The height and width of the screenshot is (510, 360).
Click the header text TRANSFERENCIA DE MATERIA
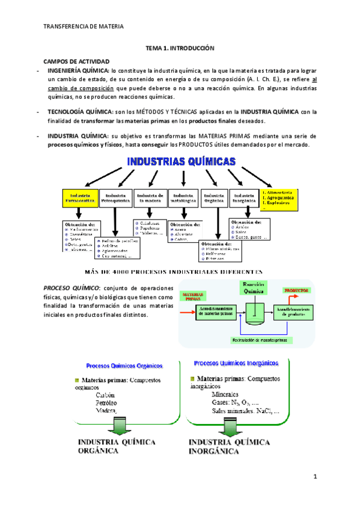(84, 27)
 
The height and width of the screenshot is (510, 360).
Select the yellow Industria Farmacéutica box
(80, 198)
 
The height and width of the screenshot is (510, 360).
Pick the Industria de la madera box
(149, 198)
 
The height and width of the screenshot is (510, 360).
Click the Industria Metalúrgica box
(182, 198)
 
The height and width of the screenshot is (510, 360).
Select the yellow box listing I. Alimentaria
(280, 198)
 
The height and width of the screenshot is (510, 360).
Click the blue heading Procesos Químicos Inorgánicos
(236, 363)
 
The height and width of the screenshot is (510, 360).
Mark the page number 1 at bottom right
(314, 477)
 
